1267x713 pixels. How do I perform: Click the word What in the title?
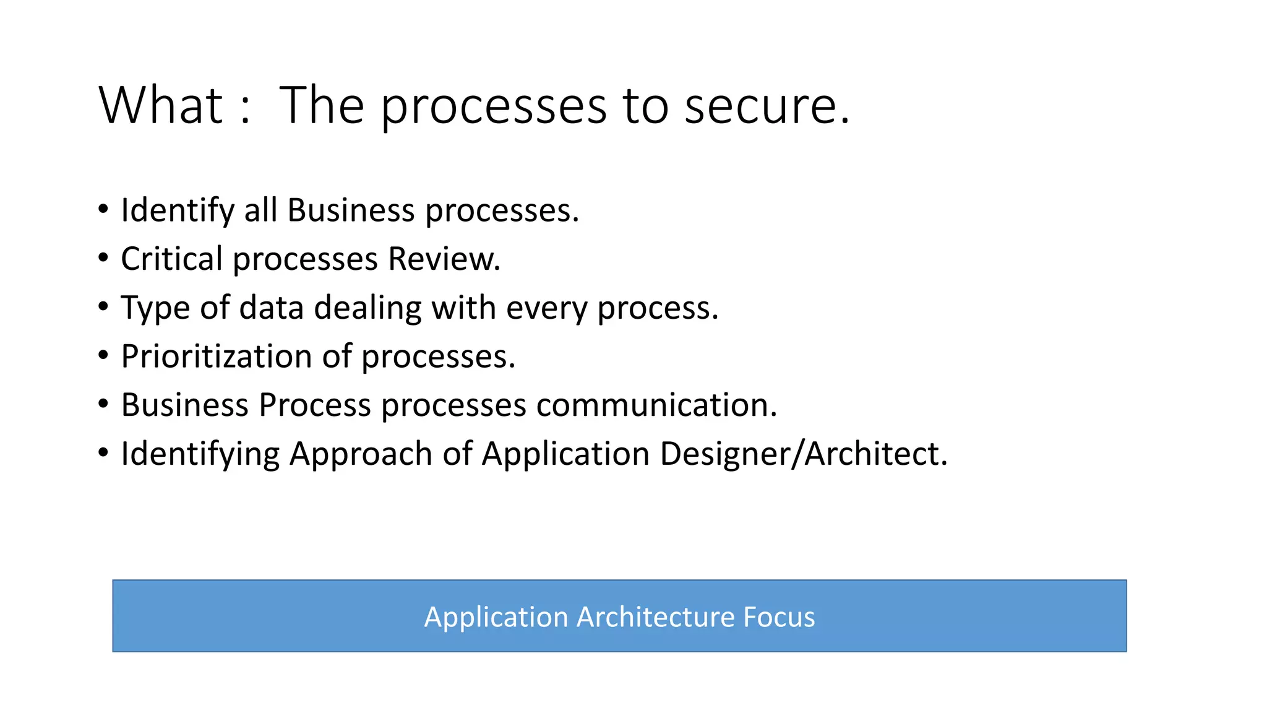point(160,105)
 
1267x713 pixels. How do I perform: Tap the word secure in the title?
point(767,106)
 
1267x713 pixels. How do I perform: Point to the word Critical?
point(171,259)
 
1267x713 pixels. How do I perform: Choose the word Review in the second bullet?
point(444,259)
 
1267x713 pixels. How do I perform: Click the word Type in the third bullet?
point(155,308)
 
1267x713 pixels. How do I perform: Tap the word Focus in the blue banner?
point(779,617)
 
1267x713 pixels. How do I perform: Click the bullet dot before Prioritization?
point(103,355)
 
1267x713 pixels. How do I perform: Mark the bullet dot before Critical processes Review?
point(103,257)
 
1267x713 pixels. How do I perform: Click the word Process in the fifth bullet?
point(315,405)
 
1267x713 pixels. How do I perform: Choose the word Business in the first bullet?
point(351,210)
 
